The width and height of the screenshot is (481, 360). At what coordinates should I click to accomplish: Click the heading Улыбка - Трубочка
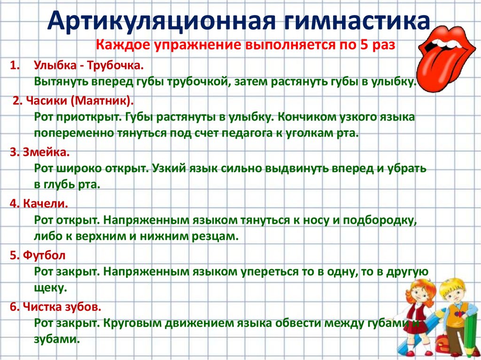(x=88, y=65)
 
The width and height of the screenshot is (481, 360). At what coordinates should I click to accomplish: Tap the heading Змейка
(x=45, y=152)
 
